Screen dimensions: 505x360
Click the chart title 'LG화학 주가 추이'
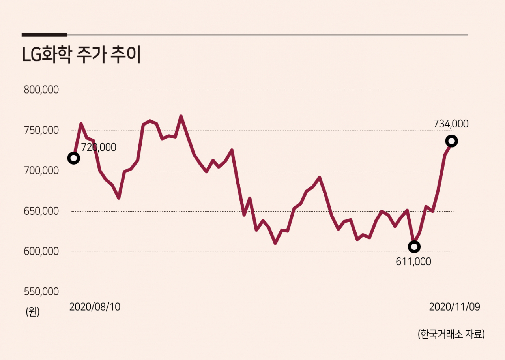(x=82, y=54)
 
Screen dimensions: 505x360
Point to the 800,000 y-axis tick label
(x=41, y=90)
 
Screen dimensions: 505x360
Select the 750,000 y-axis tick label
(x=41, y=130)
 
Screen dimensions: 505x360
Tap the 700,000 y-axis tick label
(x=41, y=171)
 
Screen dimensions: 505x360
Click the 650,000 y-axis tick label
(x=41, y=211)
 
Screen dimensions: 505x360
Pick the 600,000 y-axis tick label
(x=41, y=251)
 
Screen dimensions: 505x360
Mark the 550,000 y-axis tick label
(x=41, y=292)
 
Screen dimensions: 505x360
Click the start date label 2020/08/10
(x=95, y=307)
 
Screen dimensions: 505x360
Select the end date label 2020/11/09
(x=454, y=307)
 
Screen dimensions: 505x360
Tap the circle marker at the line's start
(x=73, y=158)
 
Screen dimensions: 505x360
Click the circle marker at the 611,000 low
(x=414, y=247)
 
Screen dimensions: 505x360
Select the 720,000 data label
(x=99, y=148)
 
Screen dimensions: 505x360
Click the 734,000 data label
(x=451, y=124)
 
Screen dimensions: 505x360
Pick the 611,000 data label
(x=413, y=262)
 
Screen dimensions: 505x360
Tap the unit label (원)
(x=33, y=312)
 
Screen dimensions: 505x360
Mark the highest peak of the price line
(x=181, y=116)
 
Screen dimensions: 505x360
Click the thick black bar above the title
(x=44, y=35)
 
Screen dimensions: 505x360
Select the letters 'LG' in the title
(x=32, y=55)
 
